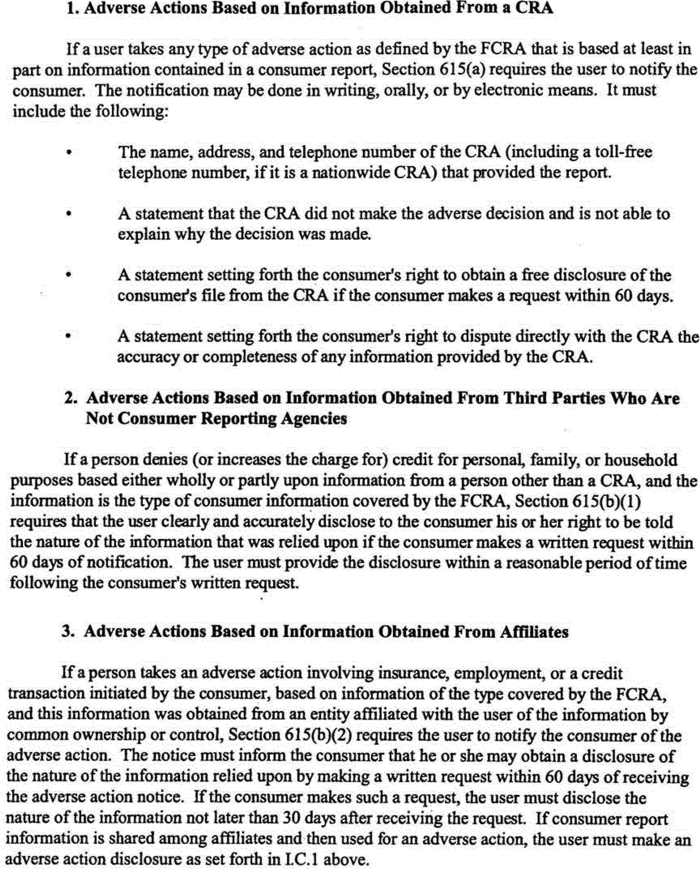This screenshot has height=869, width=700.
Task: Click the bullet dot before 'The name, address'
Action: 69,153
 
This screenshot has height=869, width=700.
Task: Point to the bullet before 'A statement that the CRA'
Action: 69,214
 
